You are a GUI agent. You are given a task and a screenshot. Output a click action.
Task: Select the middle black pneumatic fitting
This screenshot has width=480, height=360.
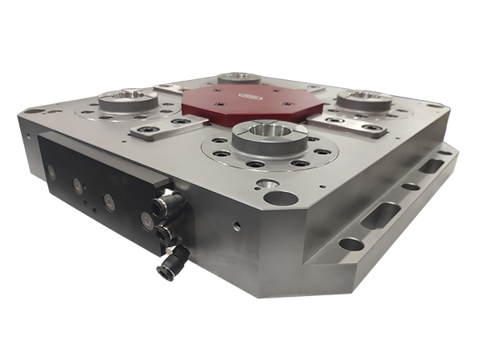[x=166, y=233]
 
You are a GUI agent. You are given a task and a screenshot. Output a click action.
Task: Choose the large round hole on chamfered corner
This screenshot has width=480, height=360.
[x=280, y=197]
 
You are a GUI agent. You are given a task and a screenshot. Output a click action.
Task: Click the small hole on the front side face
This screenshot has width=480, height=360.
[x=237, y=226]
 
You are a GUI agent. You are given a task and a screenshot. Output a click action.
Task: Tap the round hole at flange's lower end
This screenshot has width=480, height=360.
[x=350, y=243]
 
